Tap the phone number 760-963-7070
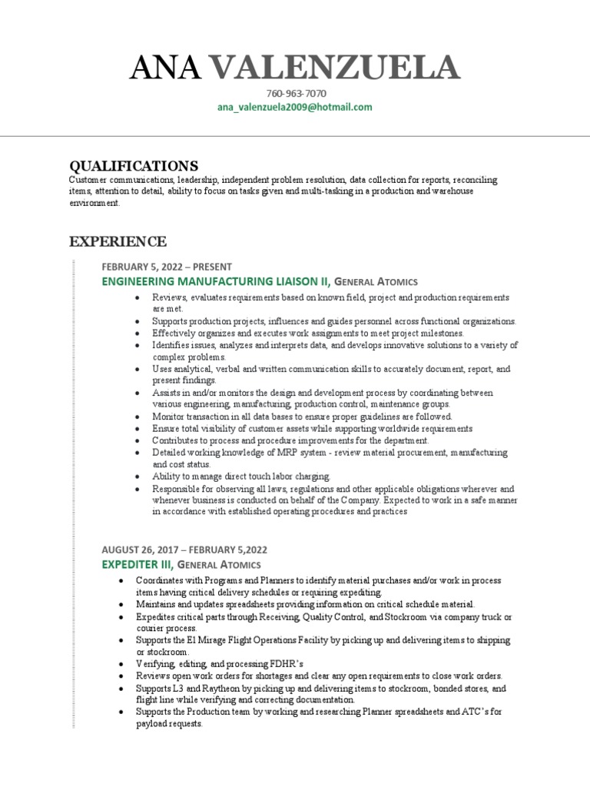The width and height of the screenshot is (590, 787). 295,94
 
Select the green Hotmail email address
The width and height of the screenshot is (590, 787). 295,107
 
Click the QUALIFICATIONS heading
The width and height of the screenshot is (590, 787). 134,165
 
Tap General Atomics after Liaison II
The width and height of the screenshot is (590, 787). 376,283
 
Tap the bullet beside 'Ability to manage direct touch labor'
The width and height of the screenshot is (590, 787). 137,477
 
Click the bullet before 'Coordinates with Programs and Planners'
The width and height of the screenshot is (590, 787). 121,580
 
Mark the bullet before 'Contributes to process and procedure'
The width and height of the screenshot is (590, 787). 137,441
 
